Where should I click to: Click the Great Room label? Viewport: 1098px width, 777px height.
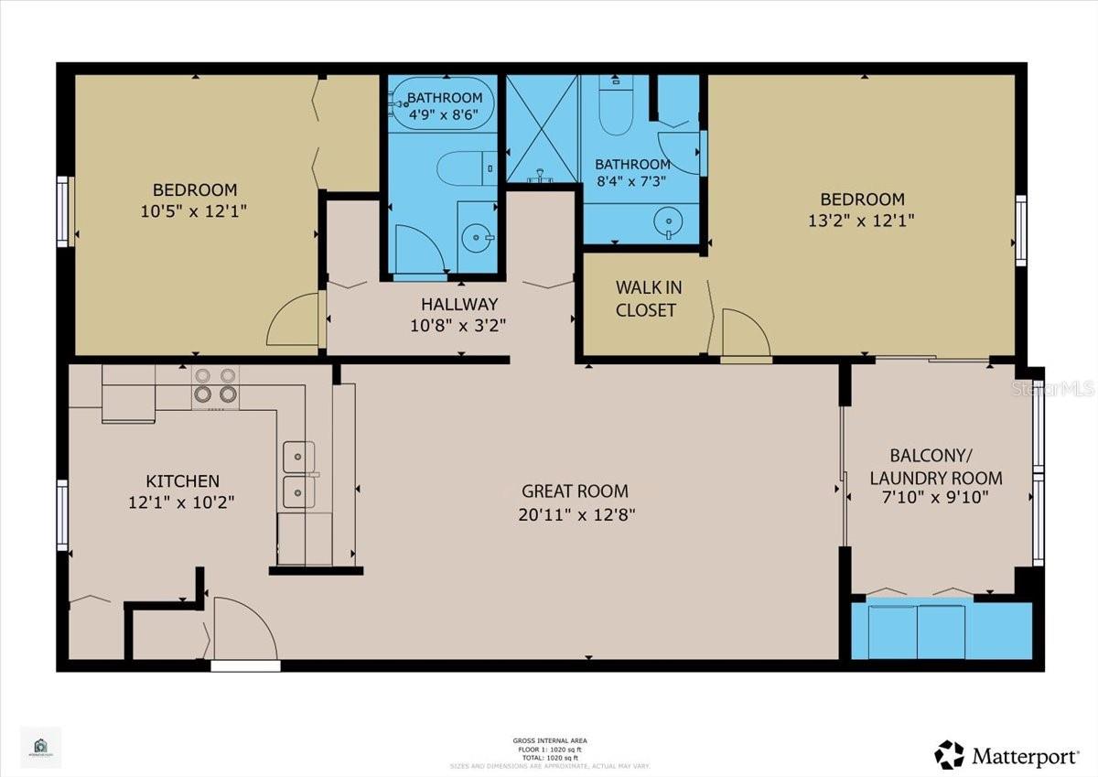[x=575, y=491]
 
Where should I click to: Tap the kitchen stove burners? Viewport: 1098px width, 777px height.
[x=215, y=386]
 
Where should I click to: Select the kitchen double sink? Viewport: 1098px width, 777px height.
[x=298, y=471]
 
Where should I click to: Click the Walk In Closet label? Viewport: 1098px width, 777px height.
[x=646, y=298]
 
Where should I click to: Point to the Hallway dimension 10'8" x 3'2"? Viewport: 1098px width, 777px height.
[x=458, y=324]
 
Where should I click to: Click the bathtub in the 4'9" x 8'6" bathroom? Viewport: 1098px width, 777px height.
[x=443, y=107]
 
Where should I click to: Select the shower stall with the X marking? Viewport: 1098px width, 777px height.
[x=541, y=127]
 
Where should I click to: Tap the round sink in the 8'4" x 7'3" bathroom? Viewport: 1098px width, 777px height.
[x=669, y=221]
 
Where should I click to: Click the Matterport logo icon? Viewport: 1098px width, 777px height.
[x=949, y=755]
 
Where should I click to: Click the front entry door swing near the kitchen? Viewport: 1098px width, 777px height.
[x=242, y=627]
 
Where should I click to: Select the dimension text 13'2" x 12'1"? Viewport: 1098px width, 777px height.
[x=861, y=220]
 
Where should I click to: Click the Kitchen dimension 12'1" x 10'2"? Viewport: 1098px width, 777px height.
[x=182, y=502]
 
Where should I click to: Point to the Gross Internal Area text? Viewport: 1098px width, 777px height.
[x=550, y=740]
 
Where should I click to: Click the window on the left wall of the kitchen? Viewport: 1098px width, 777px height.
[x=63, y=515]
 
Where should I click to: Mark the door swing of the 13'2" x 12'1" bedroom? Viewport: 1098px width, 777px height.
[x=744, y=333]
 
